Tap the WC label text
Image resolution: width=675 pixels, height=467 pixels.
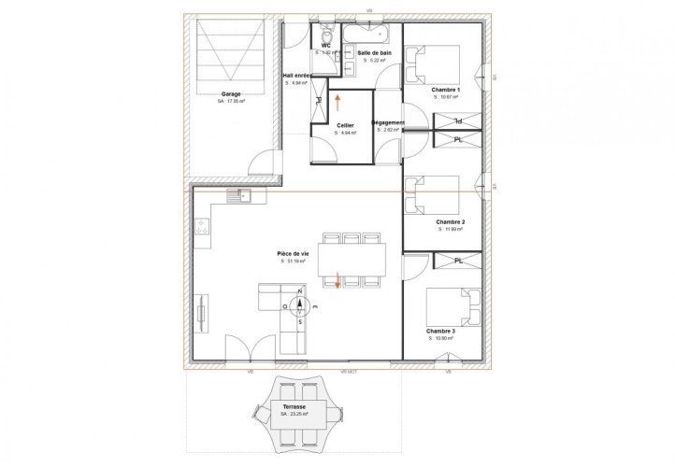click(326, 45)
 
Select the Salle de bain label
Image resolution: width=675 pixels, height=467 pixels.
click(374, 54)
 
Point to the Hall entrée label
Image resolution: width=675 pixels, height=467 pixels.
click(298, 76)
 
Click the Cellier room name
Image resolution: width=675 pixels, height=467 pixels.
click(345, 125)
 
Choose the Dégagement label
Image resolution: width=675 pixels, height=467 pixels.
click(388, 122)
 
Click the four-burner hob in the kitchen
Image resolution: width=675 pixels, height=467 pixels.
click(201, 227)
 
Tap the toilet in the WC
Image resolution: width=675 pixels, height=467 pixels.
click(327, 32)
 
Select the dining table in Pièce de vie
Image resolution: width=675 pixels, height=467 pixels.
click(350, 257)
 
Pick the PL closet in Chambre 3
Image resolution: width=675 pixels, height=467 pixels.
click(458, 261)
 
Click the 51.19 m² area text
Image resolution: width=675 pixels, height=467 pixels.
click(294, 262)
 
